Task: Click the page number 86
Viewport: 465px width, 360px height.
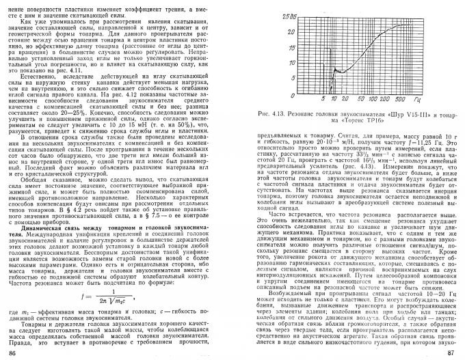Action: click(x=14, y=352)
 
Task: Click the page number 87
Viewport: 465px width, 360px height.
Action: click(x=451, y=352)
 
